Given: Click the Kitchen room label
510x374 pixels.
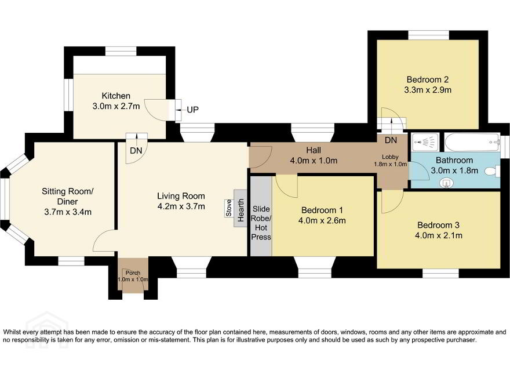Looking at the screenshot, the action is click(x=116, y=96).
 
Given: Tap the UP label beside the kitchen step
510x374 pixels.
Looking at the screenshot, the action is click(x=192, y=110).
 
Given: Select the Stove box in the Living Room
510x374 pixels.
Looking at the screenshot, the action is click(x=229, y=208).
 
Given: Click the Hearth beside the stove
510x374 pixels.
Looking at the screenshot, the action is click(x=241, y=208).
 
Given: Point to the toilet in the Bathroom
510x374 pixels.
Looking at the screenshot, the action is click(x=492, y=171).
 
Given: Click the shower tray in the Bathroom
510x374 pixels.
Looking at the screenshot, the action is click(x=425, y=142).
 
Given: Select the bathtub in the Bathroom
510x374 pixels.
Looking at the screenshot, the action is click(x=472, y=143).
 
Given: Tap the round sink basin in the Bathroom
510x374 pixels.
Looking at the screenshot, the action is click(x=447, y=183).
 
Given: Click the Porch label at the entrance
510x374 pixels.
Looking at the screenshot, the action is click(x=133, y=273).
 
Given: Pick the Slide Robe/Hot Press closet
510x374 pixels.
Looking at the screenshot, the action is click(x=261, y=216).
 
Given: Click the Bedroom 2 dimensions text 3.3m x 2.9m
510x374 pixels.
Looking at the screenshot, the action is click(x=428, y=90).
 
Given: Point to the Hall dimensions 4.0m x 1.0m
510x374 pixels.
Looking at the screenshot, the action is click(x=313, y=161).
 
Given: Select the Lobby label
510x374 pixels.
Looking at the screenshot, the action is click(x=390, y=157).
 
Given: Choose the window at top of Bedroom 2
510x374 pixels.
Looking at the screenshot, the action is click(x=429, y=35).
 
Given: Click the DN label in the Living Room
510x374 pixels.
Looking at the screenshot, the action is click(x=136, y=151).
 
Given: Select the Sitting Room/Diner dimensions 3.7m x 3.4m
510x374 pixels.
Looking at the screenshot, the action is click(x=68, y=212).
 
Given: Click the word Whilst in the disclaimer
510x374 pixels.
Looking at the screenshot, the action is click(x=11, y=332).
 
